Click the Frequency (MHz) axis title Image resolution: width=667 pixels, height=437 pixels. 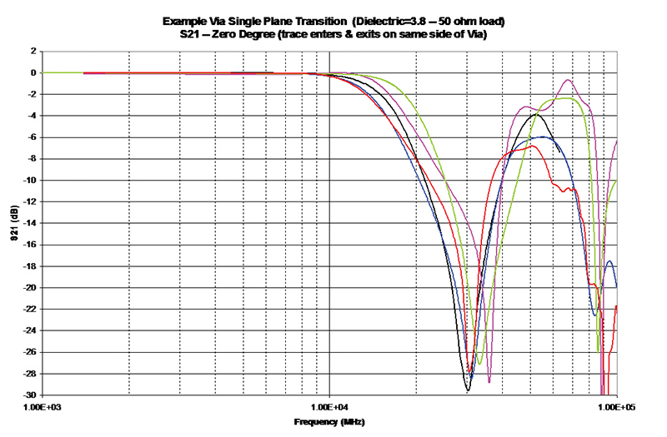click(329, 422)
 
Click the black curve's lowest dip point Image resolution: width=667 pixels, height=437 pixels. click(468, 390)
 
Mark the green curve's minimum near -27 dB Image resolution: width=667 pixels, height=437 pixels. click(479, 363)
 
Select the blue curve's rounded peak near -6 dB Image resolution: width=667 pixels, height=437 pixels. click(543, 137)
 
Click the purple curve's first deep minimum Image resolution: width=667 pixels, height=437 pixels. click(489, 382)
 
